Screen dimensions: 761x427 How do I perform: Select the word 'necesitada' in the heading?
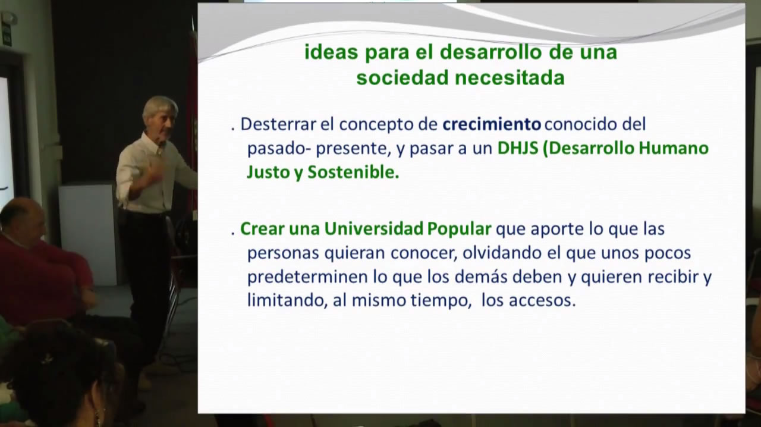510,78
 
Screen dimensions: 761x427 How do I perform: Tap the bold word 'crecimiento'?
492,124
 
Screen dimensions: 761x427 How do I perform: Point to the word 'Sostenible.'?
353,172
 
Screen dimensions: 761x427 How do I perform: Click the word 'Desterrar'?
278,124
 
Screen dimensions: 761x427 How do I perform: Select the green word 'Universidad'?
374,229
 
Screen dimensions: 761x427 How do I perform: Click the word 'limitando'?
287,300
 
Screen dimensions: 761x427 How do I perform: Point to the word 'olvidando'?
502,253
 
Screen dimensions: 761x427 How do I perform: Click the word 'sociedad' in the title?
402,78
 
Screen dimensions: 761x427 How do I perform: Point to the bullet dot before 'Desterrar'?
233,129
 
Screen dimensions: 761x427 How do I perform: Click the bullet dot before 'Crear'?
233,234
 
